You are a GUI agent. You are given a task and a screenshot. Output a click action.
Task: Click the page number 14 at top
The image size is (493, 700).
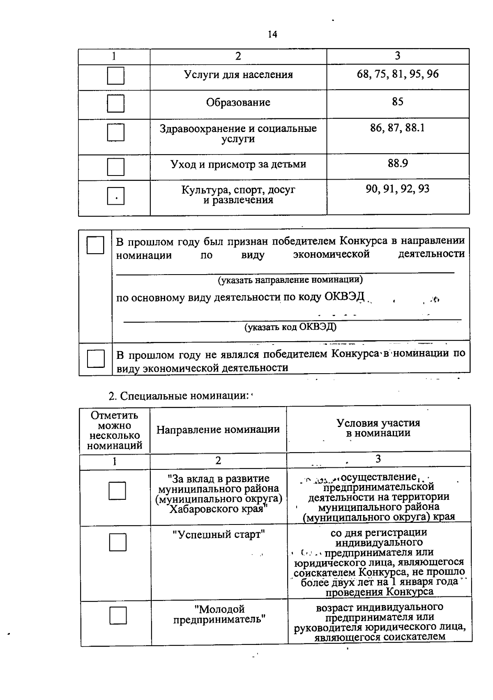(272, 35)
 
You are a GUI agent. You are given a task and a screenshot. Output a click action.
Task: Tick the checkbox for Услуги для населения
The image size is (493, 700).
(115, 76)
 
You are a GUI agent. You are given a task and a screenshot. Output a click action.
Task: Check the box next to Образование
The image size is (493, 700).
(115, 103)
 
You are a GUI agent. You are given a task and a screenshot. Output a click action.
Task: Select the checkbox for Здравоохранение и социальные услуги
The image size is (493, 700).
(115, 132)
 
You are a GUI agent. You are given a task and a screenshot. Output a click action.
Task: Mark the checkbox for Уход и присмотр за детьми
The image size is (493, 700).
(115, 166)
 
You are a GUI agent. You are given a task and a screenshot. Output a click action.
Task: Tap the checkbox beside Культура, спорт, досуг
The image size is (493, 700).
(115, 196)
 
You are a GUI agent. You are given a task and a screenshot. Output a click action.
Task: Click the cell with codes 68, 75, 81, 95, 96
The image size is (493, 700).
(397, 74)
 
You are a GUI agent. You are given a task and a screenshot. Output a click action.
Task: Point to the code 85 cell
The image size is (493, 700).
(397, 102)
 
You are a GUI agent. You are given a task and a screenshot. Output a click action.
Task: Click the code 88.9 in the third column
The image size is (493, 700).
(397, 163)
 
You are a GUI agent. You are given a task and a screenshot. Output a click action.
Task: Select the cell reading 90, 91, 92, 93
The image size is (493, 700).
(397, 189)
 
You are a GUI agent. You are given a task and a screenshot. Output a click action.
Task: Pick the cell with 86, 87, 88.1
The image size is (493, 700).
(397, 128)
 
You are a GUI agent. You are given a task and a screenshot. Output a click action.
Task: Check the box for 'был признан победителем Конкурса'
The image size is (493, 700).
(95, 245)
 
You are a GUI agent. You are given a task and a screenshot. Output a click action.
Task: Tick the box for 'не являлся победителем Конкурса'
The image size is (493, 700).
(96, 358)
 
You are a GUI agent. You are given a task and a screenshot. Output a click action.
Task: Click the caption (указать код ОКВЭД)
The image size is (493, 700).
(290, 327)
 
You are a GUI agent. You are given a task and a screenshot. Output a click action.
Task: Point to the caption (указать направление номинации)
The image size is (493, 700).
(290, 280)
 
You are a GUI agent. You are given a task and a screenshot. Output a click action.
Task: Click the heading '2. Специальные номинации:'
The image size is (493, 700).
(179, 396)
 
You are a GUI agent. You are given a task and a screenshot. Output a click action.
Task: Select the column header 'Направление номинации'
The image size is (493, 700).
(218, 430)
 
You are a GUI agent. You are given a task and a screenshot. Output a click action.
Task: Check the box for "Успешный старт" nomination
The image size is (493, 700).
(117, 542)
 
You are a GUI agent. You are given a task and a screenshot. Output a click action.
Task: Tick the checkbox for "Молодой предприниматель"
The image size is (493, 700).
(118, 615)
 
